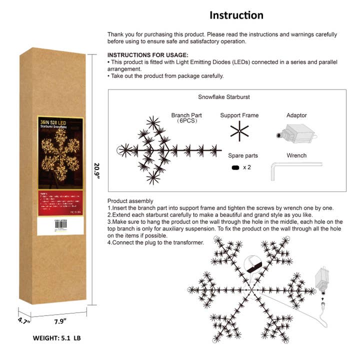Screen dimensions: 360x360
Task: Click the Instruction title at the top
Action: pyautogui.click(x=236, y=15)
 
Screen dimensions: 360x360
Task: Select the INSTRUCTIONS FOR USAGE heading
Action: pyautogui.click(x=148, y=54)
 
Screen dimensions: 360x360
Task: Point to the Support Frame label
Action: pyautogui.click(x=239, y=115)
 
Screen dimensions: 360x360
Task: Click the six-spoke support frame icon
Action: pyautogui.click(x=239, y=132)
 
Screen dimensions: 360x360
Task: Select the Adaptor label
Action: pyautogui.click(x=297, y=115)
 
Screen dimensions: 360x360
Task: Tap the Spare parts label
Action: pyautogui.click(x=239, y=155)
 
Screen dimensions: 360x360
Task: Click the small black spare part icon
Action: pyautogui.click(x=234, y=167)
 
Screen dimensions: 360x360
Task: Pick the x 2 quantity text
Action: pyautogui.click(x=247, y=167)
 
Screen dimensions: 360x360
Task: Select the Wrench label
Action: pyautogui.click(x=296, y=155)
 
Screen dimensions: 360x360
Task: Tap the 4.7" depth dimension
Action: pyautogui.click(x=22, y=320)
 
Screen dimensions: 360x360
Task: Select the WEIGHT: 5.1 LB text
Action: pyautogui.click(x=56, y=338)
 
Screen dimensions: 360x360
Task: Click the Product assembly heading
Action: pyautogui.click(x=130, y=200)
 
